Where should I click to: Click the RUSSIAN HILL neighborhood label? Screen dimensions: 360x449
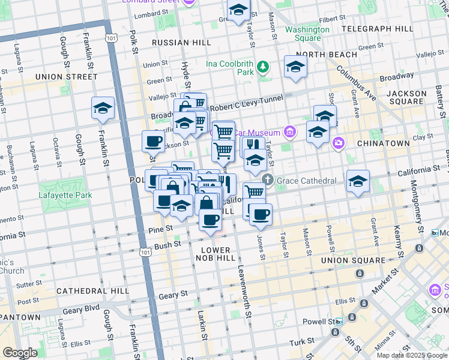pyautogui.click(x=181, y=43)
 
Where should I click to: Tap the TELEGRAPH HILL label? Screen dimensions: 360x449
pyautogui.click(x=376, y=29)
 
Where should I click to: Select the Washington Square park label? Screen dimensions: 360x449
pyautogui.click(x=307, y=34)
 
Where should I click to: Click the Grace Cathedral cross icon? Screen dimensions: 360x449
pyautogui.click(x=268, y=179)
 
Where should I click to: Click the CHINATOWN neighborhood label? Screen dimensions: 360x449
pyautogui.click(x=383, y=144)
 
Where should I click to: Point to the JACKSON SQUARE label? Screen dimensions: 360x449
pyautogui.click(x=406, y=98)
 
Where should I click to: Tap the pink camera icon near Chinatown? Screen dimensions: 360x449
pyautogui.click(x=339, y=143)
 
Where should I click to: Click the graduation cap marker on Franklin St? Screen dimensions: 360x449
pyautogui.click(x=103, y=108)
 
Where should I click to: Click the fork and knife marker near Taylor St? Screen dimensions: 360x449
pyautogui.click(x=253, y=145)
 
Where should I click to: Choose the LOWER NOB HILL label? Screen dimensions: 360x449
pyautogui.click(x=215, y=254)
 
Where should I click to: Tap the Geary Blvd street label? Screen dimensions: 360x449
pyautogui.click(x=80, y=311)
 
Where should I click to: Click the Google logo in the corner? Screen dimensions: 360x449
pyautogui.click(x=20, y=353)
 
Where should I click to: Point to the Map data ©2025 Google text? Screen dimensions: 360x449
pyautogui.click(x=411, y=355)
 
